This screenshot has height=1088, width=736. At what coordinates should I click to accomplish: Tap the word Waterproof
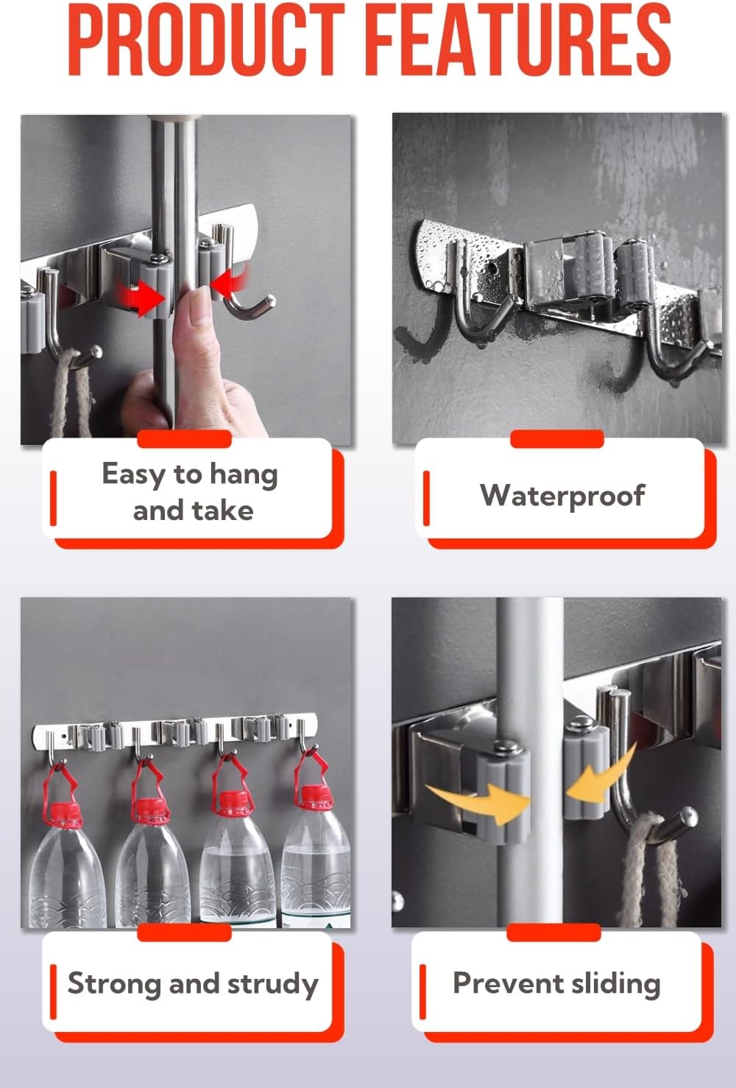coord(562,495)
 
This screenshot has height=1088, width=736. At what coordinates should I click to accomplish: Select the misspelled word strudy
coord(272,984)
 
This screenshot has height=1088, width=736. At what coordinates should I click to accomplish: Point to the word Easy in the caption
coord(133,474)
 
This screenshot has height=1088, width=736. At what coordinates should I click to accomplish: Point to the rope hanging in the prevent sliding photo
coord(648,877)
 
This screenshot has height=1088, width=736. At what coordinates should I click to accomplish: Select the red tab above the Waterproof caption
coord(556,439)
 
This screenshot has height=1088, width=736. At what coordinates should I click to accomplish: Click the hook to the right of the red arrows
coord(246,295)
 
